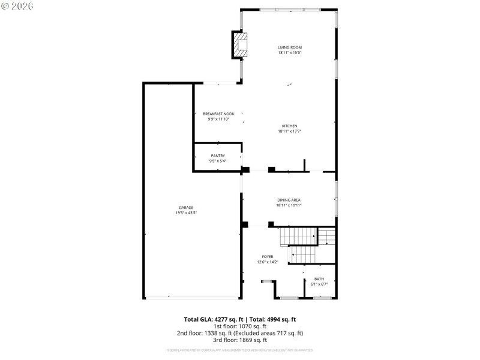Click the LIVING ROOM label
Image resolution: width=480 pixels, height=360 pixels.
[x=289, y=47]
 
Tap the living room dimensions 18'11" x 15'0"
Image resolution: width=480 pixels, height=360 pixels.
[x=289, y=53]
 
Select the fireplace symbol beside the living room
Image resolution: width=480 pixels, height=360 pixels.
[x=240, y=46]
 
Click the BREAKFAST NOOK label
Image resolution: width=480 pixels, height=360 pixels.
[x=218, y=113]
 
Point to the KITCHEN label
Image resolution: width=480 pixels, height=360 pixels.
[x=289, y=126]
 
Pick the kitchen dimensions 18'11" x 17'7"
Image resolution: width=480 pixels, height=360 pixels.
[x=289, y=131]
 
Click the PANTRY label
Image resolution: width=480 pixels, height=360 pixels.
[x=217, y=156]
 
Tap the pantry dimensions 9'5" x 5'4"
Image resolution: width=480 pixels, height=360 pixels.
[x=217, y=161]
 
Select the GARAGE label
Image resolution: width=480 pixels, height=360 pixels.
[x=186, y=208]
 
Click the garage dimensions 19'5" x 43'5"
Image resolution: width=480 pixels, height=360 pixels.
[x=186, y=212]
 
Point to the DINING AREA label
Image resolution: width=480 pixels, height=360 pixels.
[x=289, y=200]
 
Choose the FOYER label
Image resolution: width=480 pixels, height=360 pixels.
[x=267, y=257]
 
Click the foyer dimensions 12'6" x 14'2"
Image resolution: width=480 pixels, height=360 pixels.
[x=267, y=262]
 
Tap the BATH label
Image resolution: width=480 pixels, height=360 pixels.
[x=319, y=279]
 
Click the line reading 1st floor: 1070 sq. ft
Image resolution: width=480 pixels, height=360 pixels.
[x=240, y=326]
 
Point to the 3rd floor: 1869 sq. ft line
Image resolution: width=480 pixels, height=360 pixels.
[x=240, y=340]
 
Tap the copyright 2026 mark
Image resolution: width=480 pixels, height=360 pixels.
[x=17, y=5]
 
